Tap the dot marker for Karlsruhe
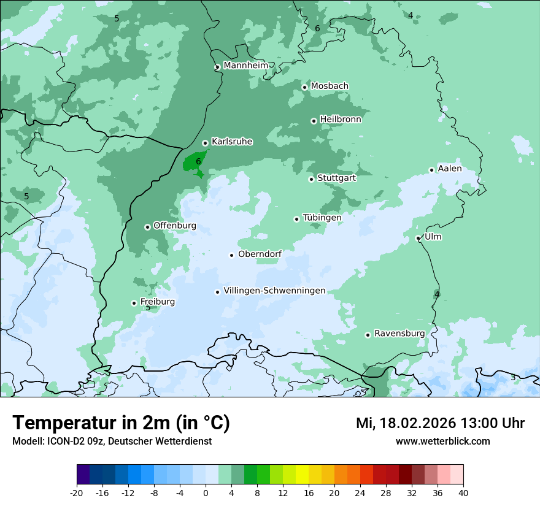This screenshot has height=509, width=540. click(x=205, y=143)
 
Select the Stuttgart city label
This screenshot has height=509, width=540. click(x=336, y=178)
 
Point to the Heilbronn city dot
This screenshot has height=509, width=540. click(x=314, y=121)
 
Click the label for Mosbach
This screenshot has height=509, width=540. click(x=330, y=86)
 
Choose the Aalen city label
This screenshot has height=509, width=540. click(x=450, y=169)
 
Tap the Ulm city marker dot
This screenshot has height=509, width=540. click(x=418, y=238)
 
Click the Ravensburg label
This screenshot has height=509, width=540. click(x=399, y=333)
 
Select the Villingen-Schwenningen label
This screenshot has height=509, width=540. click(x=274, y=291)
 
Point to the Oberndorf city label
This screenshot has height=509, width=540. click(x=260, y=254)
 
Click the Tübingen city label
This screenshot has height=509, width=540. click(x=322, y=218)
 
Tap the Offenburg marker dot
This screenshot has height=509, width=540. click(x=147, y=227)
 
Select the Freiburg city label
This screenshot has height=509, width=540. click(x=157, y=302)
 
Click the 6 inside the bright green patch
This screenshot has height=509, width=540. click(x=198, y=162)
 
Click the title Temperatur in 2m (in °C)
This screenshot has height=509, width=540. click(x=121, y=423)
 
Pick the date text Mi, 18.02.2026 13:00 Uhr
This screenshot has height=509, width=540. click(x=440, y=423)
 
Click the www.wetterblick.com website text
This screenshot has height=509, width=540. click(x=442, y=441)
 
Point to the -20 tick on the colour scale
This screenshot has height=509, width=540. click(x=77, y=493)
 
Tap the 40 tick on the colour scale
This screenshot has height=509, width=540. click(x=463, y=493)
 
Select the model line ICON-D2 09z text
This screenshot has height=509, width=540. click(x=112, y=441)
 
